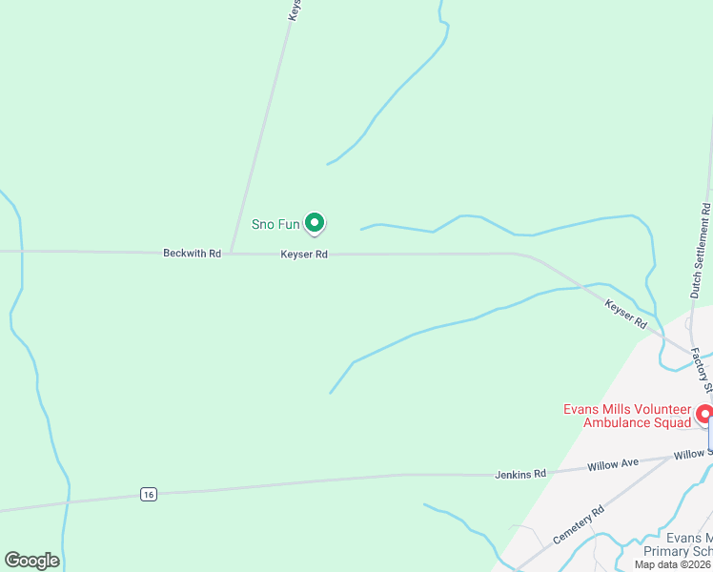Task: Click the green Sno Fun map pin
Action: click(x=315, y=223)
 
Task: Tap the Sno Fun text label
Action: click(x=275, y=225)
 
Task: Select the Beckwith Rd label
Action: click(x=192, y=254)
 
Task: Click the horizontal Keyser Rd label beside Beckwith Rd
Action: click(x=304, y=255)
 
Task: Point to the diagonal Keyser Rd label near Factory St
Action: click(x=626, y=314)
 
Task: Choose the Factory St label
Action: click(x=702, y=370)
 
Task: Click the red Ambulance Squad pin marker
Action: click(x=705, y=415)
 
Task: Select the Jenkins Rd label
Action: click(x=520, y=474)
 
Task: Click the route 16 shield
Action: click(x=147, y=494)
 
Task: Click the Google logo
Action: click(x=31, y=561)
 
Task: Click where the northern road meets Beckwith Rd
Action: click(x=231, y=253)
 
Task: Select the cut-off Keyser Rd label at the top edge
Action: click(x=295, y=10)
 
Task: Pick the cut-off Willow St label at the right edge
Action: click(x=693, y=454)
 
